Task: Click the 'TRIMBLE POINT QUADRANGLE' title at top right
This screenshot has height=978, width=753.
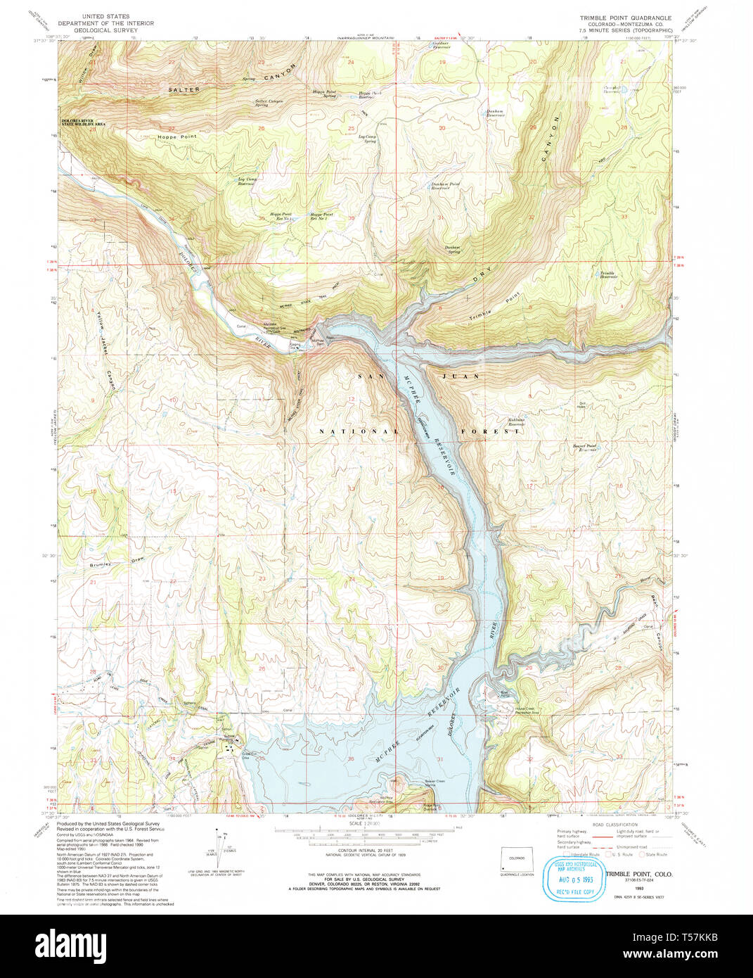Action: tap(625, 18)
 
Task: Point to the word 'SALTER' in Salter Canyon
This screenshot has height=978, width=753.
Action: tap(184, 90)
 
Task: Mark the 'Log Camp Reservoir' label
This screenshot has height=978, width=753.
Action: tap(247, 181)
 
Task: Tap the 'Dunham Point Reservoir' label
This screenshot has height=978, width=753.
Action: tap(445, 186)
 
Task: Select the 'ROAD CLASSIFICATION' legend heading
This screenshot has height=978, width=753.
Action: tap(615, 824)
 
